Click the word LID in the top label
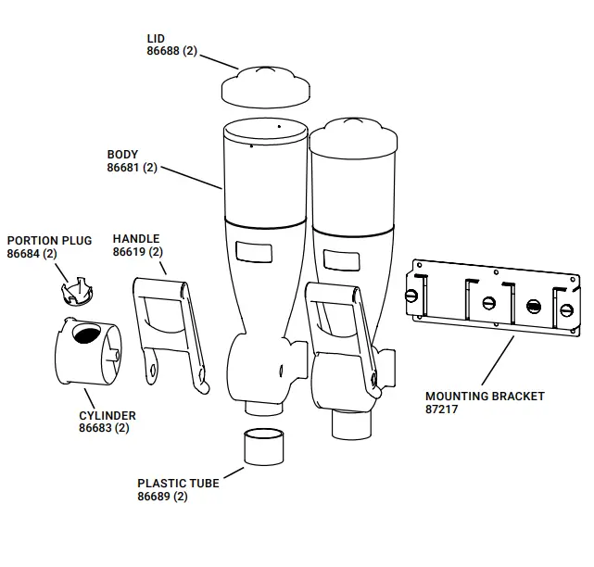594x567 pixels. point(156,38)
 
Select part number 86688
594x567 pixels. point(166,51)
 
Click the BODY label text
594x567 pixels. point(122,155)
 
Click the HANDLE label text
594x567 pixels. point(136,239)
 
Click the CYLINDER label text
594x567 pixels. point(107,416)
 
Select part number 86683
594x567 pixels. point(96,429)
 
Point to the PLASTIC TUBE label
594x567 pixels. point(178,483)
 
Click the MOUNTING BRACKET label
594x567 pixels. point(485,396)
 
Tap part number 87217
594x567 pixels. point(442,409)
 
